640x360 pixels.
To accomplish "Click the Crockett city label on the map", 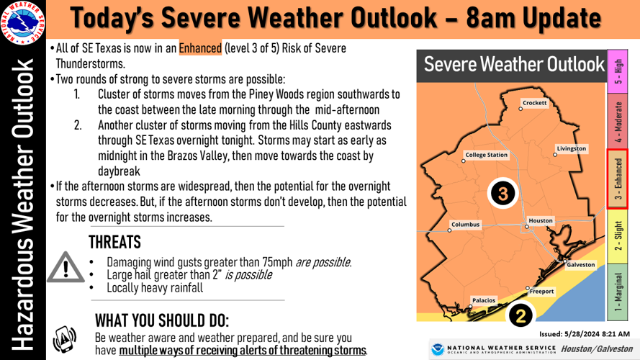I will [x=534, y=103].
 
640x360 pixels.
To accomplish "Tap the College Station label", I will [x=487, y=155].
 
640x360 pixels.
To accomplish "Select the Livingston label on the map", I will [x=572, y=149].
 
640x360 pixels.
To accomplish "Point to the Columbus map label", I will [x=465, y=225].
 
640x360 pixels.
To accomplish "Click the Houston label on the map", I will [x=541, y=220].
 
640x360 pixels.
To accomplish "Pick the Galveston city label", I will [x=581, y=264].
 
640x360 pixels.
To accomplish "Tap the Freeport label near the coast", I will [x=542, y=292].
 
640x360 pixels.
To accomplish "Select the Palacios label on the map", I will [x=483, y=300].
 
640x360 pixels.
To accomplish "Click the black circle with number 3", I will [x=503, y=193].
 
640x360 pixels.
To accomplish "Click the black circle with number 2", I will [x=521, y=315].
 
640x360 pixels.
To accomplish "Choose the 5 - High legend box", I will [x=618, y=72].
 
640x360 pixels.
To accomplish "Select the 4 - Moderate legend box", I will [x=618, y=122].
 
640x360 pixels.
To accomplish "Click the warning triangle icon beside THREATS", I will [x=66, y=267].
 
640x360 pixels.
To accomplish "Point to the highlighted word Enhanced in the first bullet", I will [x=201, y=48].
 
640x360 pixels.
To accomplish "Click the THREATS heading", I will [x=114, y=242].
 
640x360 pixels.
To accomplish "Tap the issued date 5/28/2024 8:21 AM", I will [x=585, y=334].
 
